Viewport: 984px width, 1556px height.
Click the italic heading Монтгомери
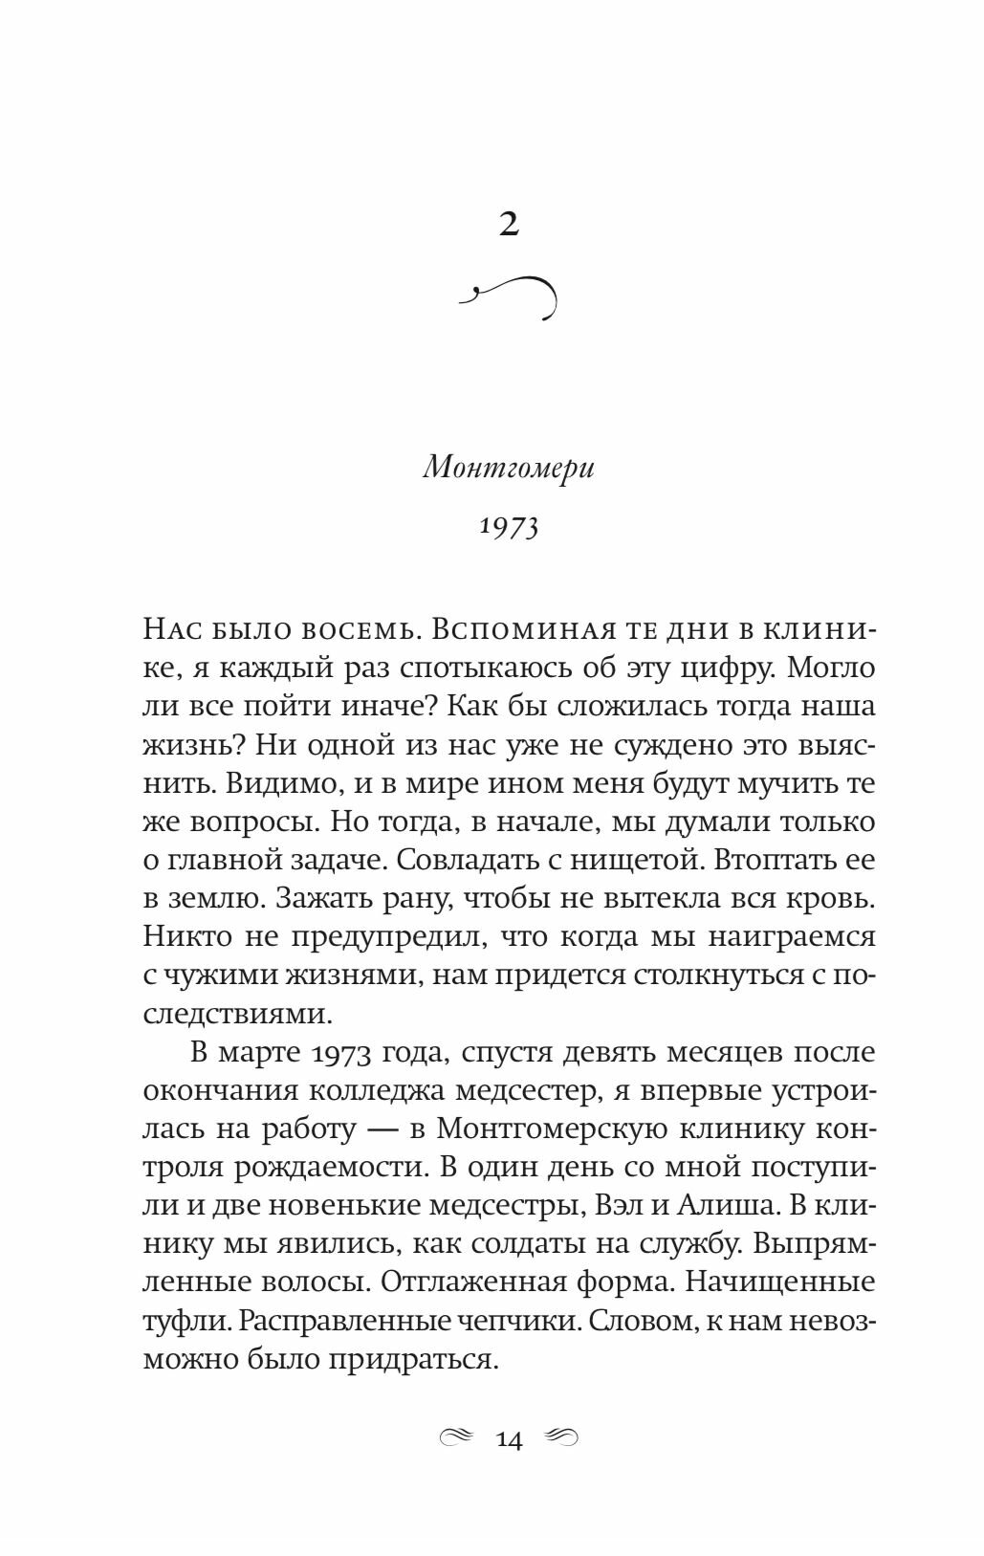coord(509,470)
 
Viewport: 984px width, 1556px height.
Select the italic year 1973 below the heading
coord(509,525)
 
